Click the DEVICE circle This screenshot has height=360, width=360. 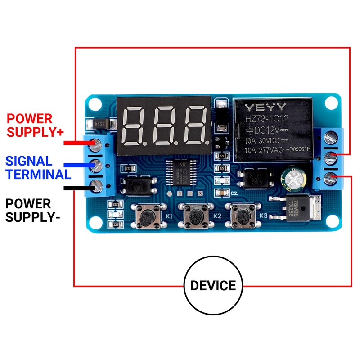pyautogui.click(x=213, y=285)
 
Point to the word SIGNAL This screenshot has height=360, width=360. pyautogui.click(x=29, y=161)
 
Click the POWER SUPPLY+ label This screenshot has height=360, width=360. pyautogui.click(x=36, y=126)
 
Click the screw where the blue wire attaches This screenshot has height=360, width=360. pyautogui.click(x=96, y=164)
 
